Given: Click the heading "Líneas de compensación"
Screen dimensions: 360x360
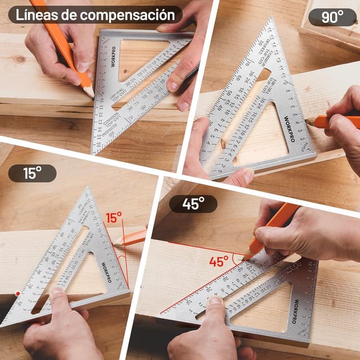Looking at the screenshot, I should [x=95, y=15].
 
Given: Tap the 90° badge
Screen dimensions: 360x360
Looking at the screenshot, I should [x=332, y=17].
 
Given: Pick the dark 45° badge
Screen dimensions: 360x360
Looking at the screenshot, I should [x=193, y=204].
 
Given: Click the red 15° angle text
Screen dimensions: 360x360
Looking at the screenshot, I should [x=114, y=218].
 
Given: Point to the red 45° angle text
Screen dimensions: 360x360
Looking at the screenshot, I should [x=219, y=262].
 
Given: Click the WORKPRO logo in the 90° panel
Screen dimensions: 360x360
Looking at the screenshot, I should [x=289, y=130].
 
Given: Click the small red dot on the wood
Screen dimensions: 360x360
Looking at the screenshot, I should [x=18, y=293].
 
